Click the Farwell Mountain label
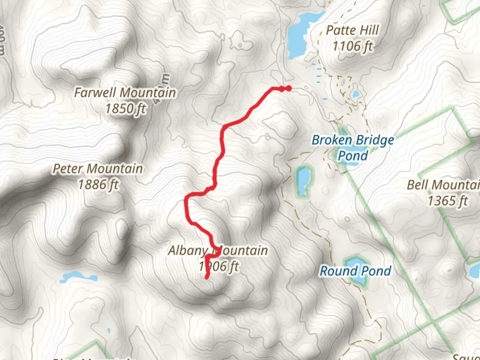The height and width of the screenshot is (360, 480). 125,93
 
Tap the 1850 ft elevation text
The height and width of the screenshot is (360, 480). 126,109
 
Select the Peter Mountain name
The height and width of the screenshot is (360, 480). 98,169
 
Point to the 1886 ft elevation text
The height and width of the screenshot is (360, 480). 98,184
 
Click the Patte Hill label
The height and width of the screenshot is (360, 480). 352,30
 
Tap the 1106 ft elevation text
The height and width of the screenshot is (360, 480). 353,46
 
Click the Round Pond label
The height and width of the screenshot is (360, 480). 355,271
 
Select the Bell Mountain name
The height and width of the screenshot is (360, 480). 443,185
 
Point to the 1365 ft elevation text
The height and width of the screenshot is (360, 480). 448,201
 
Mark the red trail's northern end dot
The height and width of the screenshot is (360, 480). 289,88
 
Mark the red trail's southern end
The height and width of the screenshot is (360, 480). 207,277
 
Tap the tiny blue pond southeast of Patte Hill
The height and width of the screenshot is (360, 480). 356,94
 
